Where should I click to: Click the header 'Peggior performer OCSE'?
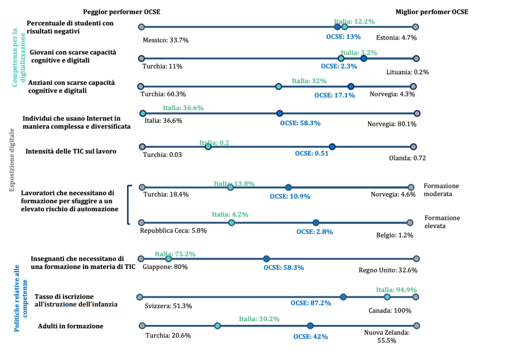[122, 12]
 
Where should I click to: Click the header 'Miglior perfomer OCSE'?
[432, 12]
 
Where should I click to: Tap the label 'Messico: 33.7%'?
[165, 40]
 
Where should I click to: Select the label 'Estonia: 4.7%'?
[396, 37]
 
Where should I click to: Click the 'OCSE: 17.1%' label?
[335, 95]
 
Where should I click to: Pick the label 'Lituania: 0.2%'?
[408, 72]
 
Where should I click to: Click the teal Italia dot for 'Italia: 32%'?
[279, 86]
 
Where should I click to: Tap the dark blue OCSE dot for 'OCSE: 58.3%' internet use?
[279, 113]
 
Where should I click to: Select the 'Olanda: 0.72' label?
[407, 158]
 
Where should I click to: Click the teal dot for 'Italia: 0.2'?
[208, 147]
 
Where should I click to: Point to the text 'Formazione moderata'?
[441, 190]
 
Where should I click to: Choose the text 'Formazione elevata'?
[442, 222]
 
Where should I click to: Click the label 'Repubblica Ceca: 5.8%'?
[173, 231]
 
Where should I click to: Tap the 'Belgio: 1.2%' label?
[394, 236]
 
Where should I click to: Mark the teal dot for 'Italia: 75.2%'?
[169, 259]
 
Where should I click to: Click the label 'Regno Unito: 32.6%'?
[388, 271]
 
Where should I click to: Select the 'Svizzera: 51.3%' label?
[168, 306]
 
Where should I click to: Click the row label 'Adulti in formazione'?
[70, 326]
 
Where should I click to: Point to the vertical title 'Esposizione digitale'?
[12, 159]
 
